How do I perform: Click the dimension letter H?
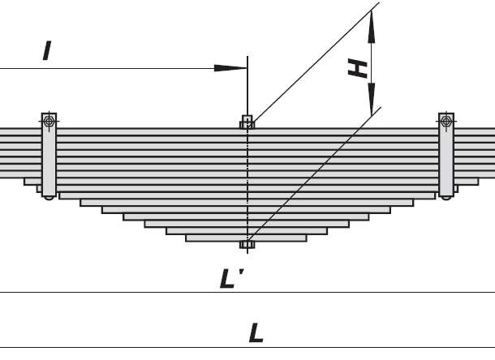(x=357, y=68)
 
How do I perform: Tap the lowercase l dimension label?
(x=47, y=50)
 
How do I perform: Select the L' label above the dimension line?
(x=231, y=279)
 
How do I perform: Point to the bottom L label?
(x=256, y=333)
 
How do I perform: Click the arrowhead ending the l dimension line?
(x=230, y=68)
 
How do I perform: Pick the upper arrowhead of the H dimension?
(x=372, y=27)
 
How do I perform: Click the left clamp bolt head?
(x=49, y=121)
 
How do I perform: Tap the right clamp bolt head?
(x=446, y=121)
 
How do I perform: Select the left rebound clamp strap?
(x=49, y=155)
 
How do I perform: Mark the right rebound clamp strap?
(x=446, y=155)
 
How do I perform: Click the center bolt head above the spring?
(x=247, y=122)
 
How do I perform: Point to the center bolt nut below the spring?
(x=247, y=245)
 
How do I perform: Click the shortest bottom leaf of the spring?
(x=246, y=238)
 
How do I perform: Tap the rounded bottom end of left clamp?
(x=49, y=198)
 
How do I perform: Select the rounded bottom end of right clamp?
(x=446, y=198)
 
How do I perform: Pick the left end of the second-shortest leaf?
(x=166, y=231)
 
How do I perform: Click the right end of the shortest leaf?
(x=306, y=238)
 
